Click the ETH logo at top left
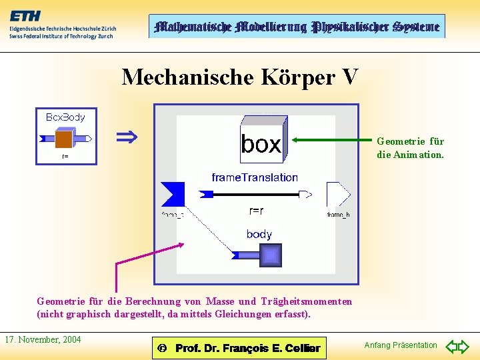pyautogui.click(x=27, y=17)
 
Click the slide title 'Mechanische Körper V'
pyautogui.click(x=240, y=77)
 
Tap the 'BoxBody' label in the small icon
pyautogui.click(x=65, y=117)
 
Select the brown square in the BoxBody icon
pyautogui.click(x=64, y=139)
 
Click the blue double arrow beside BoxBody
pyautogui.click(x=127, y=138)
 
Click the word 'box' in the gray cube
pyautogui.click(x=261, y=144)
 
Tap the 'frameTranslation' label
pyautogui.click(x=255, y=177)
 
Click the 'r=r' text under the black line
pyautogui.click(x=256, y=211)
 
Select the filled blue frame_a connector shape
pyautogui.click(x=173, y=194)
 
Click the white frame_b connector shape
pyautogui.click(x=338, y=194)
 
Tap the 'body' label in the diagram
pyautogui.click(x=259, y=234)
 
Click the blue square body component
pyautogui.click(x=270, y=255)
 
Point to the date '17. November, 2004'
pyautogui.click(x=43, y=340)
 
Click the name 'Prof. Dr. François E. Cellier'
pyautogui.click(x=247, y=348)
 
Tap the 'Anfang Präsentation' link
pyautogui.click(x=401, y=345)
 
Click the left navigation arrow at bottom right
pyautogui.click(x=451, y=347)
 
